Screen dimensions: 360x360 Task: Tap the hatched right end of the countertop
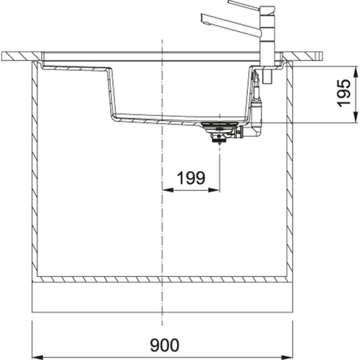click(x=303, y=56)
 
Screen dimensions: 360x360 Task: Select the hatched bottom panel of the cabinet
click(x=162, y=279)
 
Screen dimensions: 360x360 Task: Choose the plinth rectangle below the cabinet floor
click(x=162, y=297)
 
